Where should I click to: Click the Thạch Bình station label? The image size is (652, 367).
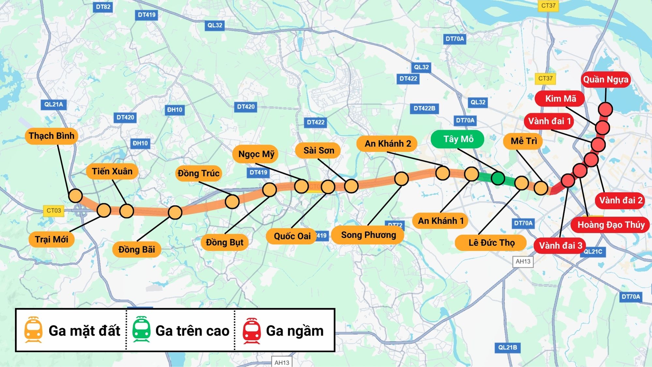pyautogui.click(x=51, y=136)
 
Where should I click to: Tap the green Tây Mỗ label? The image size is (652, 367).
pyautogui.click(x=458, y=139)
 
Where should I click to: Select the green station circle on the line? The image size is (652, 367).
pyautogui.click(x=498, y=178)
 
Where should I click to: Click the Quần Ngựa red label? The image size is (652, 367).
pyautogui.click(x=605, y=80)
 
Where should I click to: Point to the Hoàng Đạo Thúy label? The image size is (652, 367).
pyautogui.click(x=611, y=225)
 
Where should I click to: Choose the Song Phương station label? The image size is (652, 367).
pyautogui.click(x=368, y=235)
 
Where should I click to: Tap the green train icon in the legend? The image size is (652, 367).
pyautogui.click(x=141, y=330)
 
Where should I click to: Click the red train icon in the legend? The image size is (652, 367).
pyautogui.click(x=251, y=330)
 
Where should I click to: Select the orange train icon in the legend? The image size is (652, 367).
pyautogui.click(x=33, y=330)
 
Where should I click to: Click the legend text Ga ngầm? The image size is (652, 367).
pyautogui.click(x=295, y=331)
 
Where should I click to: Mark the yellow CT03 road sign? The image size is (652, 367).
pyautogui.click(x=53, y=211)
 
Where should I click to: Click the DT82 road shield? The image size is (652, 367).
pyautogui.click(x=103, y=7)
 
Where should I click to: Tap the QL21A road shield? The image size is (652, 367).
pyautogui.click(x=53, y=105)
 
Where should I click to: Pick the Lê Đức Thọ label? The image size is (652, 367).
pyautogui.click(x=491, y=243)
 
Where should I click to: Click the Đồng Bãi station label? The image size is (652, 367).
pyautogui.click(x=137, y=250)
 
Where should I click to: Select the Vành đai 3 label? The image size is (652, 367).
pyautogui.click(x=560, y=245)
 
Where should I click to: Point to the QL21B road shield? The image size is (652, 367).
pyautogui.click(x=507, y=347)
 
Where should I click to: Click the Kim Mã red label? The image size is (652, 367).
pyautogui.click(x=560, y=99)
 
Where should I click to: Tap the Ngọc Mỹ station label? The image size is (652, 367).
pyautogui.click(x=256, y=154)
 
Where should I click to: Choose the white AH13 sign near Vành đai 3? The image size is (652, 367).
pyautogui.click(x=523, y=261)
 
